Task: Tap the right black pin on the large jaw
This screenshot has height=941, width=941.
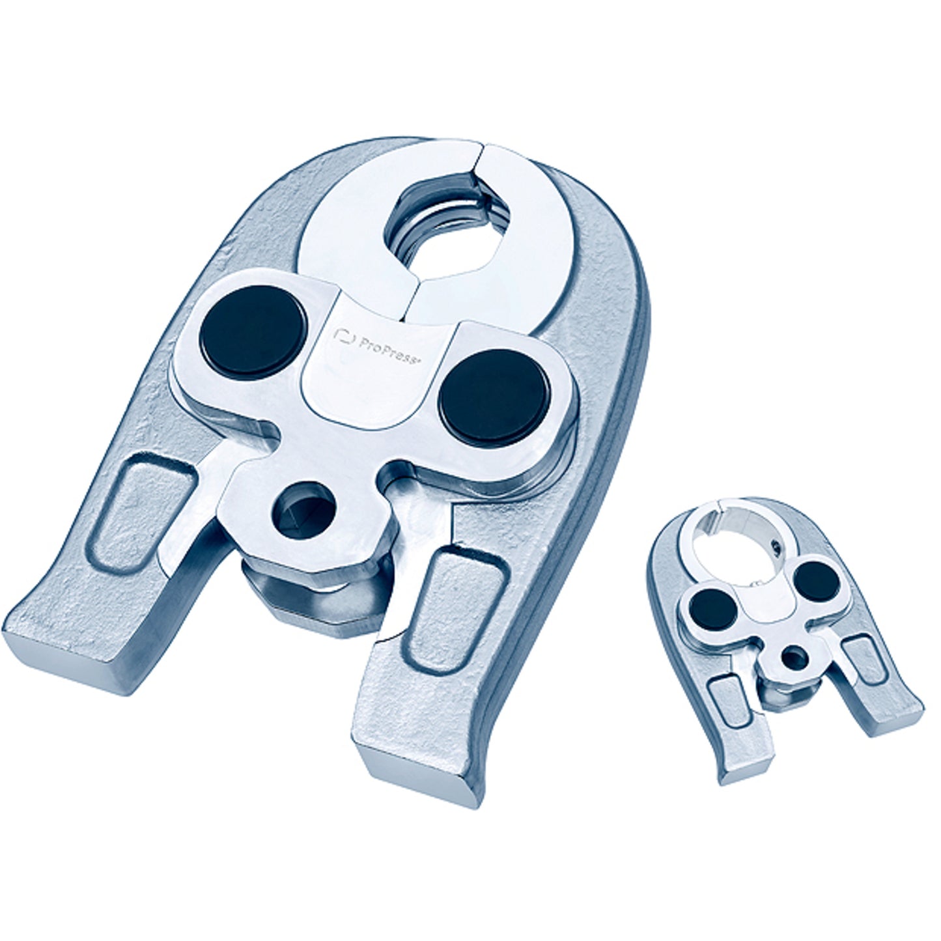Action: click(x=494, y=399)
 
